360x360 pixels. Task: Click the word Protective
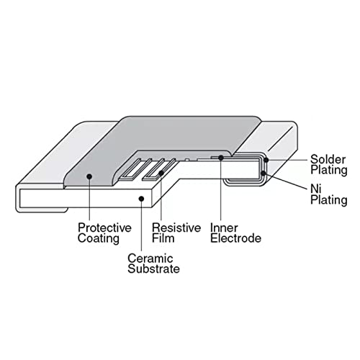tap(104, 228)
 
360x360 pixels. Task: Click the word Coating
tap(99, 239)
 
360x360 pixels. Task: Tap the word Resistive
tap(176, 228)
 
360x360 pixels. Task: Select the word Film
tap(163, 238)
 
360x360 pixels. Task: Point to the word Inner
tap(224, 228)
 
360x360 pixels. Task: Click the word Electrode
tap(235, 238)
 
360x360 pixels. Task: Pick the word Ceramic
tap(150, 258)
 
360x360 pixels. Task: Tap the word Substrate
tap(153, 269)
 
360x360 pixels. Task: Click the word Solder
tap(328, 159)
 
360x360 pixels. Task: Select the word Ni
tap(315, 189)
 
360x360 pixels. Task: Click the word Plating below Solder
tap(329, 171)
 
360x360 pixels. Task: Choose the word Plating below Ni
tap(329, 200)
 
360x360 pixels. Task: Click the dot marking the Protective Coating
tap(89, 176)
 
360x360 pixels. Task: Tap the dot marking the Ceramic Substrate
tap(142, 199)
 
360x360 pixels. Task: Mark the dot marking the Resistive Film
tap(161, 173)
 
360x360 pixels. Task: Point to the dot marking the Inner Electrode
tap(221, 158)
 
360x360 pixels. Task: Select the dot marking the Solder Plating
tap(266, 160)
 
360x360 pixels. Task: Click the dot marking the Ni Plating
tap(264, 174)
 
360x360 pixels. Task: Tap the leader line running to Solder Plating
tap(287, 160)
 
